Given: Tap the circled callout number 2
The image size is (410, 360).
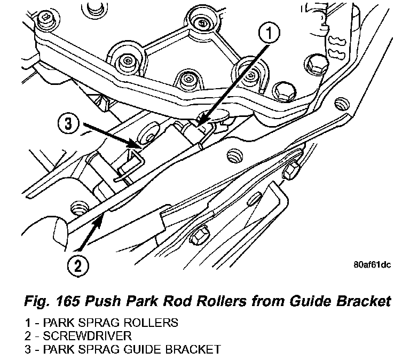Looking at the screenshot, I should [x=78, y=265].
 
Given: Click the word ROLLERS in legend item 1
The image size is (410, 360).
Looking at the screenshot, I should [x=151, y=323].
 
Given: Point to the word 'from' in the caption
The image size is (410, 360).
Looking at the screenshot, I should [x=270, y=301].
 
